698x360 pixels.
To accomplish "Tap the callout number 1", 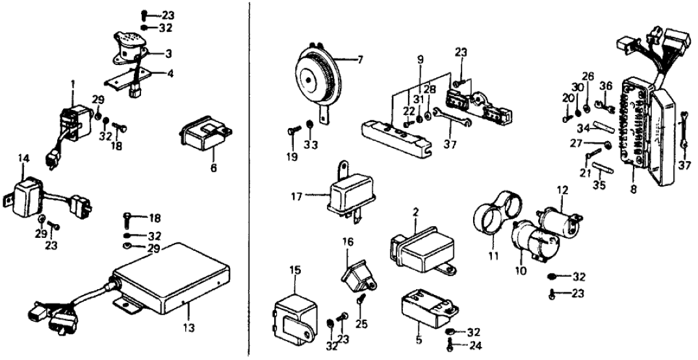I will click(73, 83).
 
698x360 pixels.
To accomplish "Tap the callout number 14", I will click(23, 158).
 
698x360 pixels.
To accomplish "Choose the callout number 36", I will click(606, 85).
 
